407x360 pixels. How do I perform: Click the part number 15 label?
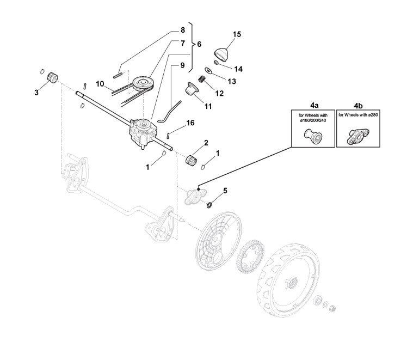(x=237, y=34)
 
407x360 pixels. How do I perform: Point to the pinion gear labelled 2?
(x=190, y=161)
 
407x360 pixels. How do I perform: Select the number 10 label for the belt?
(x=100, y=84)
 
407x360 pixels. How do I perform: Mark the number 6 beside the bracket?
(x=199, y=43)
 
